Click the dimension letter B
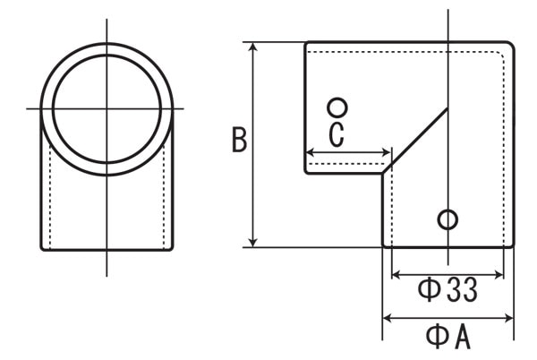tap(239, 139)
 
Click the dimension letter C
tap(337, 134)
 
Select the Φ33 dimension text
tap(447, 289)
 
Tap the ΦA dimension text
tap(448, 337)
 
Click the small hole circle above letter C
tap(337, 107)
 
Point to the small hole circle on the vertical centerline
tap(447, 219)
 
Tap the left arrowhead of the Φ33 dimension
tap(396, 274)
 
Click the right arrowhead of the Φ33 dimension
tap(499, 274)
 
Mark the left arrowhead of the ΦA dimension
tap(387, 318)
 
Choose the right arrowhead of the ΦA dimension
tap(509, 318)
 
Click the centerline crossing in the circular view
tap(107, 109)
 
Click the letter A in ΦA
tap(463, 338)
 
